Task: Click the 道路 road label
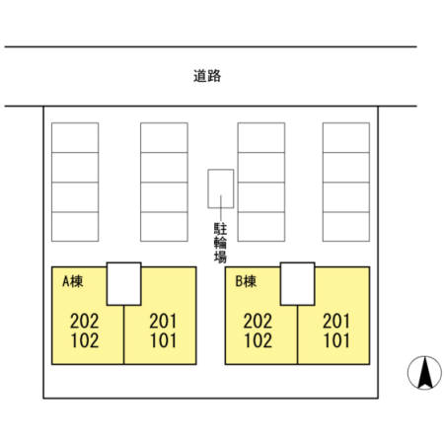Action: tap(207, 76)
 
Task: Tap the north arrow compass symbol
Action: tap(424, 373)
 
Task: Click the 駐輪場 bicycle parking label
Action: tap(220, 243)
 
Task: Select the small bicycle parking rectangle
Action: tap(221, 188)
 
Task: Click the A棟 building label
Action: tap(73, 281)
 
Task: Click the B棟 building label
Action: tap(246, 281)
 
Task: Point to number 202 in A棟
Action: tap(84, 321)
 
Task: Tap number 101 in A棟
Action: tap(163, 340)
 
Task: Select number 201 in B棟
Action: tap(336, 321)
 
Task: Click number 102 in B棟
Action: tap(258, 340)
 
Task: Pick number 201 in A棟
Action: tap(163, 321)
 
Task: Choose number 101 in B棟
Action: tap(336, 340)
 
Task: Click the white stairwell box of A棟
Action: tap(124, 284)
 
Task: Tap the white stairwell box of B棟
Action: tap(298, 284)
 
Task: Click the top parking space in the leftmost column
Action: tap(75, 137)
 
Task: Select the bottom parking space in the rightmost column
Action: tap(346, 227)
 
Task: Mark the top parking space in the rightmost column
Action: tap(346, 137)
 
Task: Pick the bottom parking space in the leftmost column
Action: tap(75, 227)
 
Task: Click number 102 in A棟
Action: tap(85, 340)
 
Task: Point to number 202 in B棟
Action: tap(258, 321)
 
